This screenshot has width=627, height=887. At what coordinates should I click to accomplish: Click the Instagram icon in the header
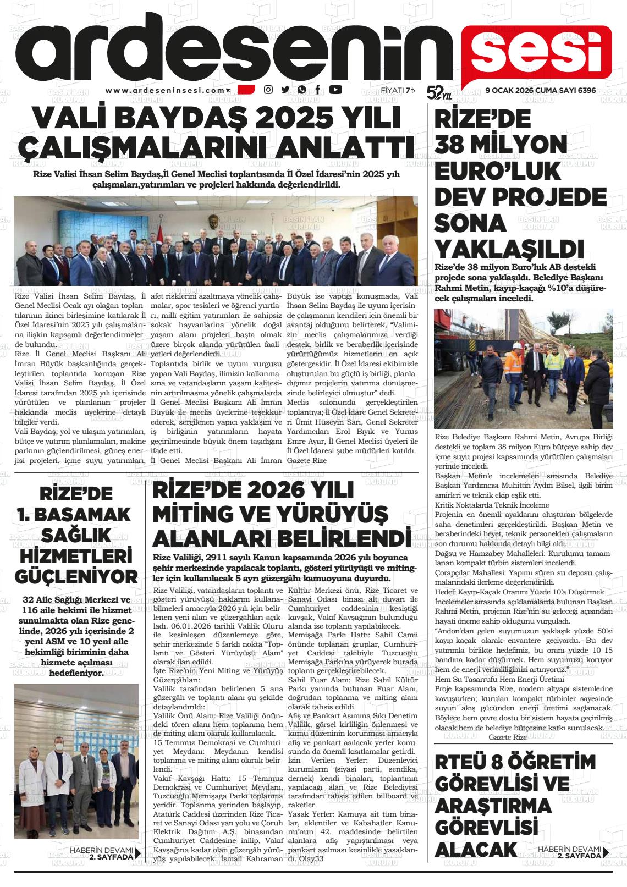click(268, 90)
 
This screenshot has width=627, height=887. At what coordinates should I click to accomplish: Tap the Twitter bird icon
click(285, 90)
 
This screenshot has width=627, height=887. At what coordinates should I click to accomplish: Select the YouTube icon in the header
click(335, 90)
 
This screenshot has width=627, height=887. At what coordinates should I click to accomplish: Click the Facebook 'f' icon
click(318, 90)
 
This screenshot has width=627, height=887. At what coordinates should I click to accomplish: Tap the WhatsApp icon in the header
click(301, 90)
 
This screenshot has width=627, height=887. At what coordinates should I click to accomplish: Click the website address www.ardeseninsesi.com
click(166, 91)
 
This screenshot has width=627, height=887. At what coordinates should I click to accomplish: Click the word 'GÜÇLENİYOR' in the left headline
click(76, 577)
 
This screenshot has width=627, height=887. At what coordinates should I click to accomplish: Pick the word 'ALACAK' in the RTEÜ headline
click(476, 849)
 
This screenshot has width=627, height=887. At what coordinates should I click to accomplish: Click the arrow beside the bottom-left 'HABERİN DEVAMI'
click(138, 853)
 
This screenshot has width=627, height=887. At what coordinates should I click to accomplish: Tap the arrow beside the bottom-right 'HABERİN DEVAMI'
click(606, 852)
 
